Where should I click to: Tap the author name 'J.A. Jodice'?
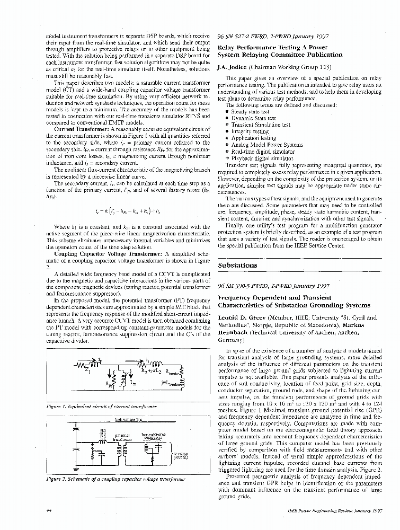(x=234, y=67)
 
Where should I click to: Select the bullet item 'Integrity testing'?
(x=250, y=131)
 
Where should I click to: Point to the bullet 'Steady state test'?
(x=251, y=111)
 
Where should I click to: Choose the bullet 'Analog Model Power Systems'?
(x=260, y=145)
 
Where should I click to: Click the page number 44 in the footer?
(x=49, y=511)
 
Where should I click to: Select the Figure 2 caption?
(x=113, y=479)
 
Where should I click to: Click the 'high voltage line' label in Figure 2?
(x=129, y=421)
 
